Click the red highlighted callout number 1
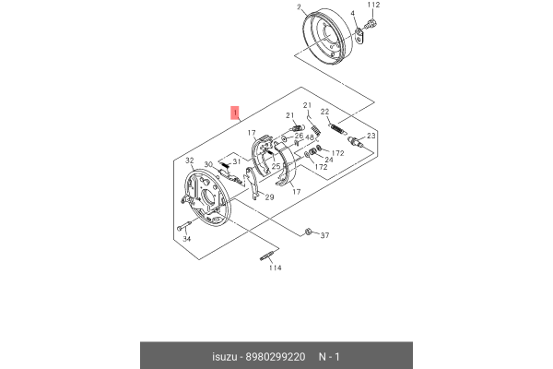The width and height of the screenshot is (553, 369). tap(235, 113)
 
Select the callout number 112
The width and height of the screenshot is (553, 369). tap(373, 5)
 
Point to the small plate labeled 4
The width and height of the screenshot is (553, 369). tap(359, 36)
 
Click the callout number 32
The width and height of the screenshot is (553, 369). tap(190, 161)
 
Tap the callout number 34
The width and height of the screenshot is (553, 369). tap(186, 239)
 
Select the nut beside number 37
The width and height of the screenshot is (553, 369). tap(307, 232)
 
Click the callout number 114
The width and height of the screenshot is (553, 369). tap(275, 268)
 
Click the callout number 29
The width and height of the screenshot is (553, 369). tap(269, 197)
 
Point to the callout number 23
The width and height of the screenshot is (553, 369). tap(371, 136)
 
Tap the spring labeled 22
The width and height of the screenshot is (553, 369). tap(338, 128)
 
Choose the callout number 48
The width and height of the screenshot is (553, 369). tap(310, 137)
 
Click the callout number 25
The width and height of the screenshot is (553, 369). tap(276, 166)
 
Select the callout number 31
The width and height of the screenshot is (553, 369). tap(236, 161)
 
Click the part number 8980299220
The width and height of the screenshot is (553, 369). tap(275, 357)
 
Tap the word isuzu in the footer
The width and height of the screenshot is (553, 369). tap(224, 357)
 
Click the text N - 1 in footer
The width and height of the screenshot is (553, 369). tap(329, 357)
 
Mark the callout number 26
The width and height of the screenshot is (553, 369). tap(299, 136)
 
